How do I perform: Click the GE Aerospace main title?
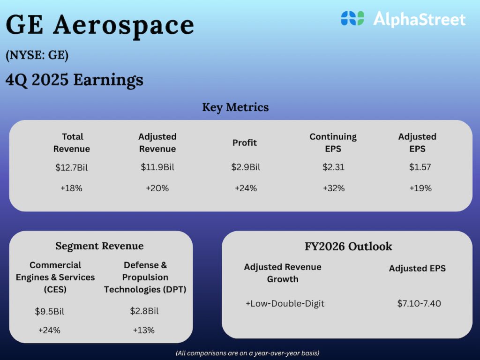100,24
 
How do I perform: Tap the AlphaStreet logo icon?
352,19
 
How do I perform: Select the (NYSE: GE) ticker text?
37,55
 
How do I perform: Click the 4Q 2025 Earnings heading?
75,80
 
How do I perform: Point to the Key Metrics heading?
235,107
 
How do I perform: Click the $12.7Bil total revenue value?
71,168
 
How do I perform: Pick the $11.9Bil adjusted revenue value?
157,167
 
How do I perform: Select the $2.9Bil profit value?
245,167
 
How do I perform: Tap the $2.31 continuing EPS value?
333,167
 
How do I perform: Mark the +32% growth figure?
333,188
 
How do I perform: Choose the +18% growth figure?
71,188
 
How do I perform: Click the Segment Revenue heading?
99,246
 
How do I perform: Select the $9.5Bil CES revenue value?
49,311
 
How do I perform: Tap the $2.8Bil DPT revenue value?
144,311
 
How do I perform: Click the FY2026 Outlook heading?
348,247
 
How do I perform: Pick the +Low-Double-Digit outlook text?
285,303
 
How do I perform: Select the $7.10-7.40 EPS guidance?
419,303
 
